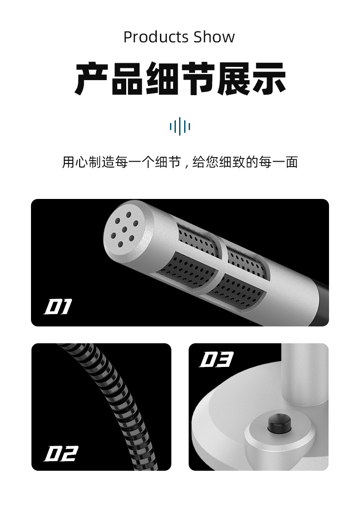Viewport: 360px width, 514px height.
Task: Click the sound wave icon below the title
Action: click(180, 126)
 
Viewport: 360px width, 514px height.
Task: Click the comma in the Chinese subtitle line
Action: click(186, 164)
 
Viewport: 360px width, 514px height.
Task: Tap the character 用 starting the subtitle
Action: click(68, 162)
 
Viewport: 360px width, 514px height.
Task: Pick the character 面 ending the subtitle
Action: click(292, 162)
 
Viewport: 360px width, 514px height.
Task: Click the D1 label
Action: click(58, 308)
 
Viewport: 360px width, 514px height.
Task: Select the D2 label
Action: click(61, 453)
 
